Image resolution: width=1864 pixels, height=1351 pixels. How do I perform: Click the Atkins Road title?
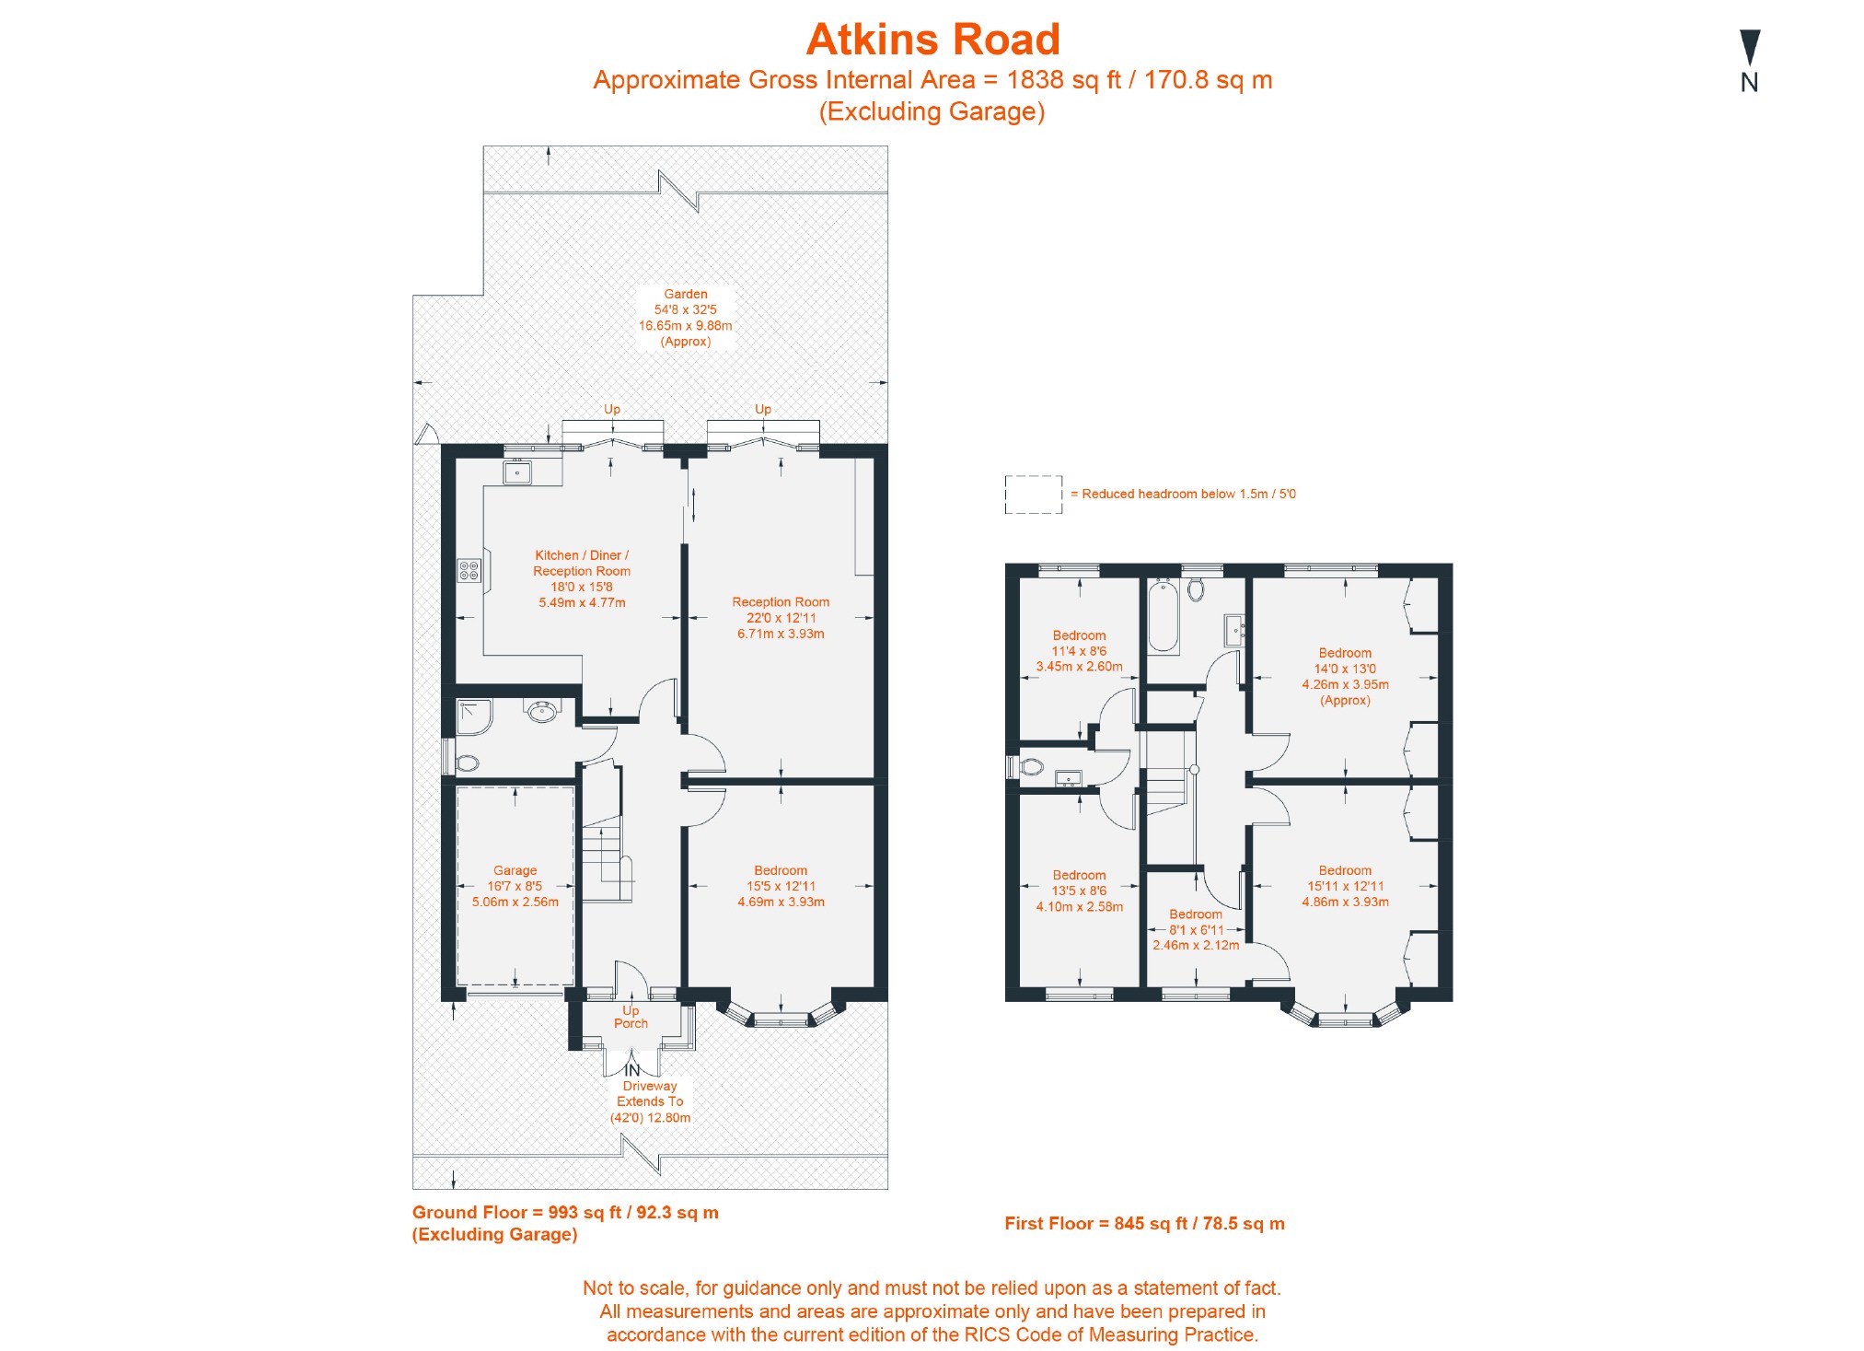coord(932,40)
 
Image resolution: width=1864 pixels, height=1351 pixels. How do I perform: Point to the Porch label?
coord(631,1023)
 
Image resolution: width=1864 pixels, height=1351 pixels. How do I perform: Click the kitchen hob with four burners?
coord(469,570)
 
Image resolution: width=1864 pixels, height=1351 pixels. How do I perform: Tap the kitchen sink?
coord(518,472)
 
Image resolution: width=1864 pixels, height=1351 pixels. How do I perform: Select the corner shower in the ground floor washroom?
coord(475,716)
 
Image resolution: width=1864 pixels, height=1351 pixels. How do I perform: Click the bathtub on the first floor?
coord(1164,616)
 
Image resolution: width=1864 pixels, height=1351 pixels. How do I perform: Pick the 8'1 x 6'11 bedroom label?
coord(1196,929)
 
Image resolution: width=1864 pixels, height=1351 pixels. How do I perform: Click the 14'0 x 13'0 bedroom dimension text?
coord(1345,669)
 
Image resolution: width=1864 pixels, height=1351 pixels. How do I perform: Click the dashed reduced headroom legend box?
coord(1033,495)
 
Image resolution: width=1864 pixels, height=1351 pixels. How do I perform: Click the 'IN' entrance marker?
coord(631,1070)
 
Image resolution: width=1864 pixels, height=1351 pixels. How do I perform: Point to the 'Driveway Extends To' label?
coord(650,1093)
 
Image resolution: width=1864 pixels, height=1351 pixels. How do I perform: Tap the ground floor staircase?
coord(607,847)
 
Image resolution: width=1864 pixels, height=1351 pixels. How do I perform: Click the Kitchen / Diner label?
coord(582,555)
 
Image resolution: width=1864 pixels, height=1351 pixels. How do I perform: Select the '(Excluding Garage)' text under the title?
coord(932,111)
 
